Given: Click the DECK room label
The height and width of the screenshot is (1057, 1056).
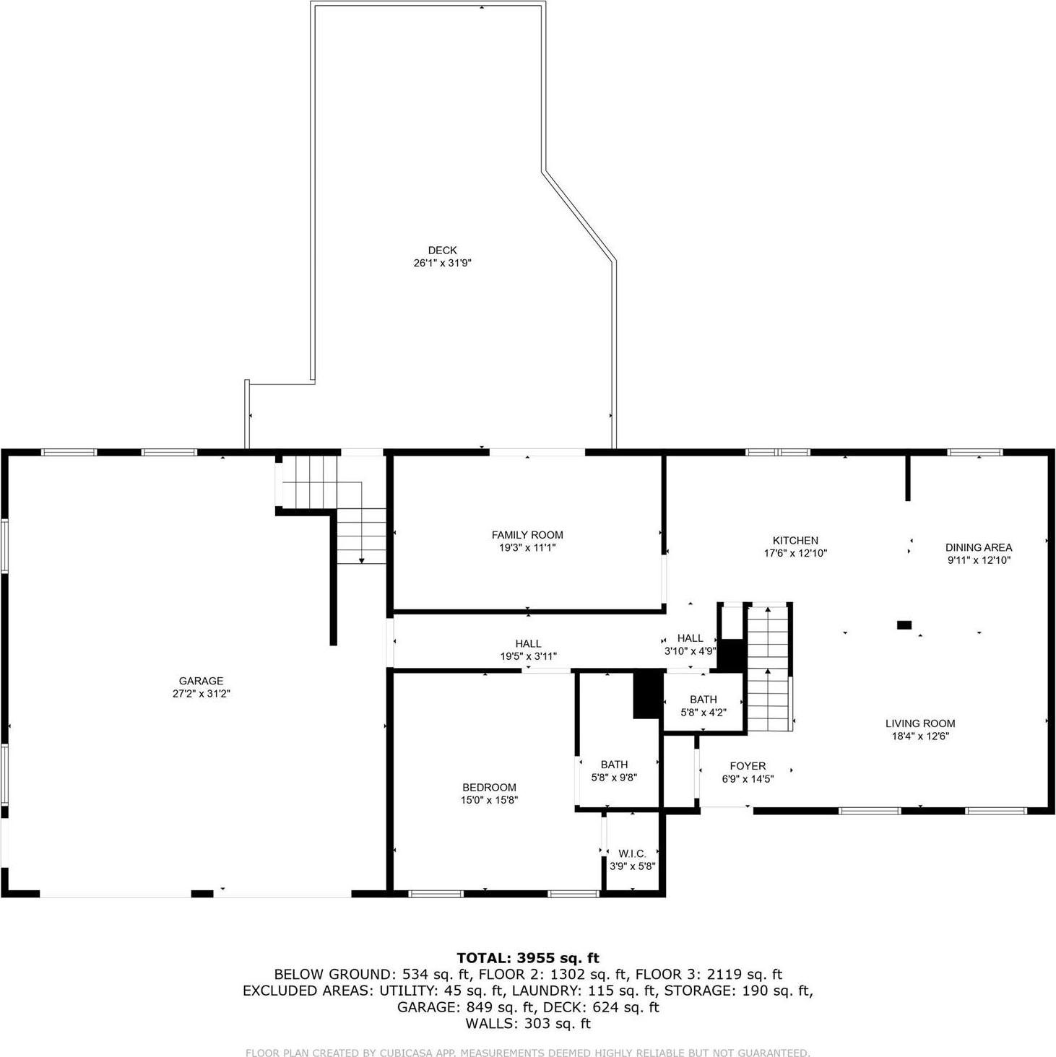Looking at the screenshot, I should pos(442,251).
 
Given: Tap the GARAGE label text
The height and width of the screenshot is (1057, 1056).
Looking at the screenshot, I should pos(201,681).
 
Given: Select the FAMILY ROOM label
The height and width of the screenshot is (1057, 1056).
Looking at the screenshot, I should pos(527,535).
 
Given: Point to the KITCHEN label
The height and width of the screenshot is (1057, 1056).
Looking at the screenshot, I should pos(795,540).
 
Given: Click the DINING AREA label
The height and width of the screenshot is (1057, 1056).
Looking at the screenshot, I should pos(979,547).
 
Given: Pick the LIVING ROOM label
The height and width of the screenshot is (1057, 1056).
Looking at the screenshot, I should pos(920,723).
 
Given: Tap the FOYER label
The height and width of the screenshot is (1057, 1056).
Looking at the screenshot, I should pos(748,766).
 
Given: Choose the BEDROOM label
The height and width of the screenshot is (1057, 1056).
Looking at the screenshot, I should pos(490,788).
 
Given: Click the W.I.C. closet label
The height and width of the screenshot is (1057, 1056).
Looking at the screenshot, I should pos(632,853).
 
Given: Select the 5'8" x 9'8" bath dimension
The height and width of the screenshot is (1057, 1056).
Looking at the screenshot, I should pos(614,778).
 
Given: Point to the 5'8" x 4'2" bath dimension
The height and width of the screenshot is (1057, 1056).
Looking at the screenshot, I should pos(704,713).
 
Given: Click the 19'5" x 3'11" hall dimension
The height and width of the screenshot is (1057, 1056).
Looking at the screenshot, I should pos(528,656).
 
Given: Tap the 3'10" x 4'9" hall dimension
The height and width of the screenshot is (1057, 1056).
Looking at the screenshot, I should pos(690,651).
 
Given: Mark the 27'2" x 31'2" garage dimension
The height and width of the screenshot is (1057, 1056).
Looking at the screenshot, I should pos(201,694).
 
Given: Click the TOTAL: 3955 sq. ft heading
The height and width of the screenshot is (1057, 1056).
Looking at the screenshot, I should pos(528,958).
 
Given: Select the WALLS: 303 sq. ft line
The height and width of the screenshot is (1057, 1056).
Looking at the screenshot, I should pos(528,1023).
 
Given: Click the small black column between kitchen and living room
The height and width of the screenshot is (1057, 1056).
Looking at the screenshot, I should pos(904,625).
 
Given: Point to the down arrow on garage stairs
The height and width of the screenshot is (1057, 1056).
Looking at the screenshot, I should pos(361,560).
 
